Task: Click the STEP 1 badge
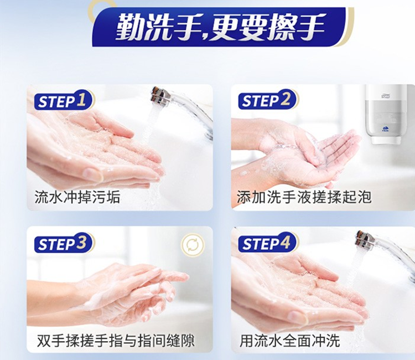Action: (x=64, y=101)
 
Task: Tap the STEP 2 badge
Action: (x=268, y=100)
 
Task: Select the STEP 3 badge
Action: (x=64, y=243)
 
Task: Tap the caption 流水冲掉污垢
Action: (x=77, y=197)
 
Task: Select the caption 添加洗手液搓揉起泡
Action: (x=304, y=197)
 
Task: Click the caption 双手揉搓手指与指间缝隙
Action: (x=116, y=341)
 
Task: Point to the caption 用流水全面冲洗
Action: (x=290, y=341)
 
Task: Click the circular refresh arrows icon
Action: (x=193, y=244)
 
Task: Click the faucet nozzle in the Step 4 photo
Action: (x=365, y=238)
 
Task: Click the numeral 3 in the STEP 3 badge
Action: (x=81, y=242)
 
